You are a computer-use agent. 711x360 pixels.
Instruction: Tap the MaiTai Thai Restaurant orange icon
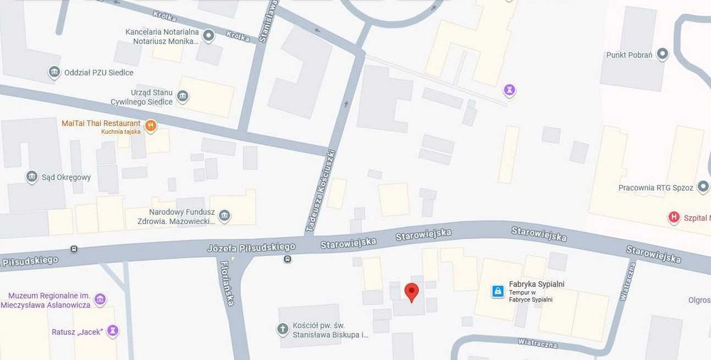151,126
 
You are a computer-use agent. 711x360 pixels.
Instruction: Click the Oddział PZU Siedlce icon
54,72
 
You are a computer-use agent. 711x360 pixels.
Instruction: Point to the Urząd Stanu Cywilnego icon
183,97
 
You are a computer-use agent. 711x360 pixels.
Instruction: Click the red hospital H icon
673,217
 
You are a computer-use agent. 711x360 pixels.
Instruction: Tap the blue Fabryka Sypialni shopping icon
498,291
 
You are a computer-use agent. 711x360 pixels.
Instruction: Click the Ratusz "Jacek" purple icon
112,331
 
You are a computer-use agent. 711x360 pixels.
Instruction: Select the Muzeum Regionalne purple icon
100,299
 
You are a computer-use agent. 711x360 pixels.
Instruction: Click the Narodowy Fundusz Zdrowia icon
225,216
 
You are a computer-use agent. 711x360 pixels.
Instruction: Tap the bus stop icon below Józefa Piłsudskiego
287,259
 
